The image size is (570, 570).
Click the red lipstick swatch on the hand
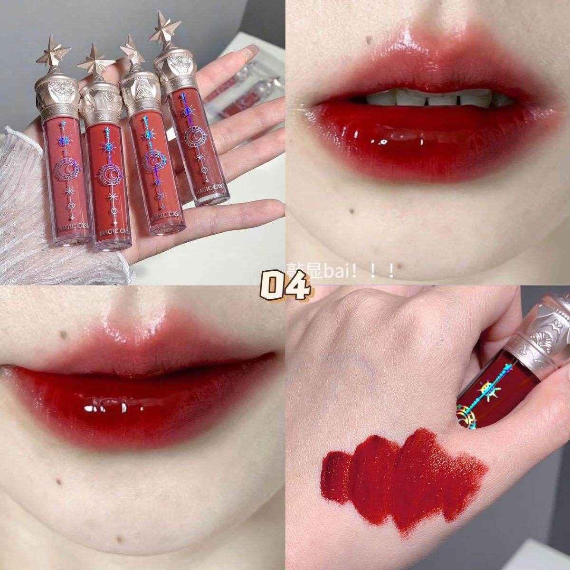[404, 470]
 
